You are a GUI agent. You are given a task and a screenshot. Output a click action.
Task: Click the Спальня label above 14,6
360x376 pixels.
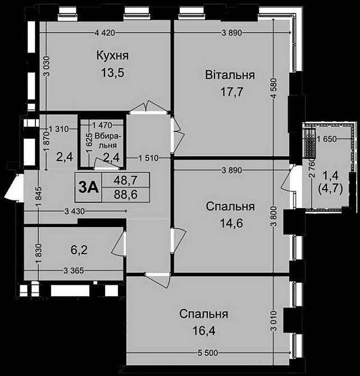pyautogui.click(x=230, y=207)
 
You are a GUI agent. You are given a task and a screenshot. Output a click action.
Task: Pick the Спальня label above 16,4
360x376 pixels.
pyautogui.click(x=204, y=314)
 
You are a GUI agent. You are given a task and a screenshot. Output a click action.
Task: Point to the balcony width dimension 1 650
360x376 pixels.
pyautogui.click(x=326, y=139)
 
